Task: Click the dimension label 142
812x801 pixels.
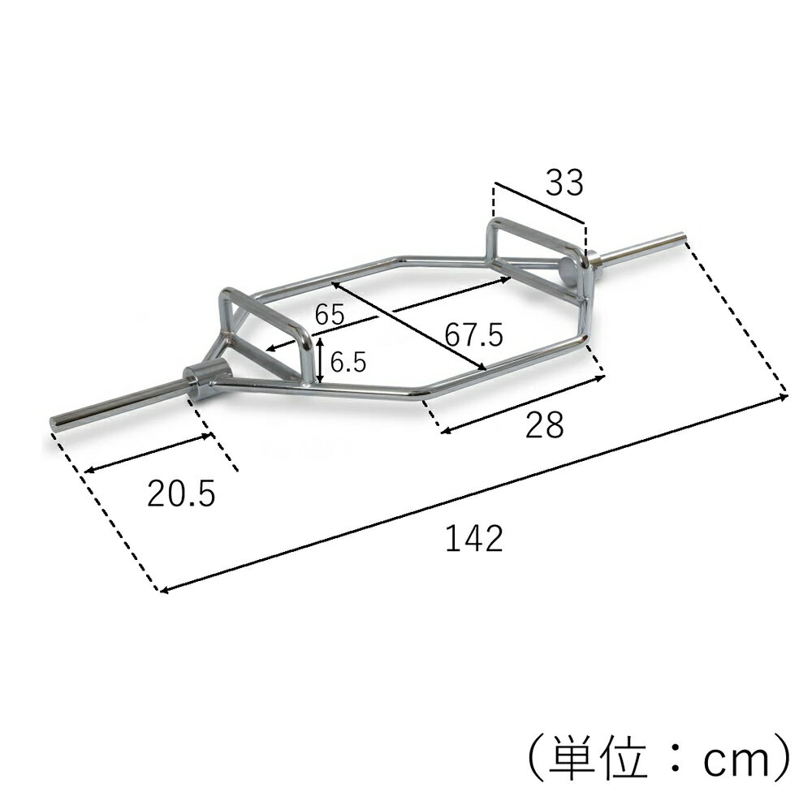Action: click(x=474, y=538)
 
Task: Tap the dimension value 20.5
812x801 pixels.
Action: click(x=181, y=493)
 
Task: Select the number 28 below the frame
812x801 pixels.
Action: click(x=543, y=424)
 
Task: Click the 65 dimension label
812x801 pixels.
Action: click(x=330, y=315)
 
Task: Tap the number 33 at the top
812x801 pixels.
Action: click(x=564, y=184)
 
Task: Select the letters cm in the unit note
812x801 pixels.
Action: click(x=730, y=760)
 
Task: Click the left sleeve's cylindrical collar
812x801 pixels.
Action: click(x=201, y=379)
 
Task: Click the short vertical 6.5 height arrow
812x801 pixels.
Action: click(x=322, y=362)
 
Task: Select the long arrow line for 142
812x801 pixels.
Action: click(x=474, y=493)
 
